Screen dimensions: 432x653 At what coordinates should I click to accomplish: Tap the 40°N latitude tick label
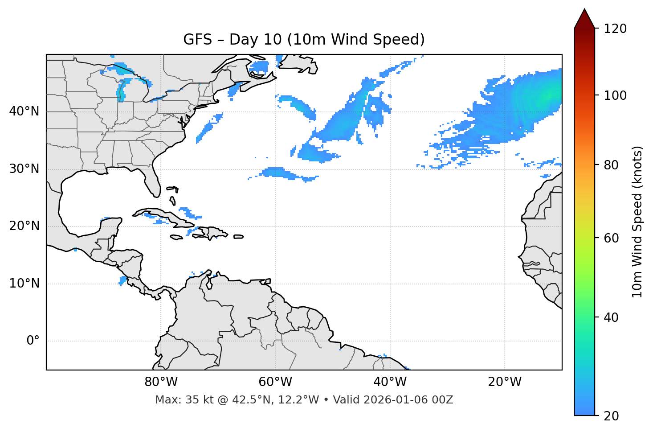[24, 111]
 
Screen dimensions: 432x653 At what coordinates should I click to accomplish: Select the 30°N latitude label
[24, 169]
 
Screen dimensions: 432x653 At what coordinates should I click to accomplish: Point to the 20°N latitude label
[24, 226]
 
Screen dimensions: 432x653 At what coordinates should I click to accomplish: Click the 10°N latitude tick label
[24, 284]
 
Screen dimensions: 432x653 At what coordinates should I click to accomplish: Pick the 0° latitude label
[33, 341]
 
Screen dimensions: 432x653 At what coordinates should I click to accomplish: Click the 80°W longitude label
[161, 382]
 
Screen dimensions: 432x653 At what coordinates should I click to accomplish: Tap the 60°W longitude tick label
[275, 382]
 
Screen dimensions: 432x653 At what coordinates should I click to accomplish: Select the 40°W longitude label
[390, 382]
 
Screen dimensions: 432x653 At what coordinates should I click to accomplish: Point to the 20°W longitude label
[505, 382]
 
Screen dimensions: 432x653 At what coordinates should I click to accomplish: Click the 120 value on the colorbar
[615, 29]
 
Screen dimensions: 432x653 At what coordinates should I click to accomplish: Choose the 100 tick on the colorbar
[615, 95]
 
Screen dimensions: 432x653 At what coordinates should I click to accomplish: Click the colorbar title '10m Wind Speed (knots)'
[637, 222]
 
